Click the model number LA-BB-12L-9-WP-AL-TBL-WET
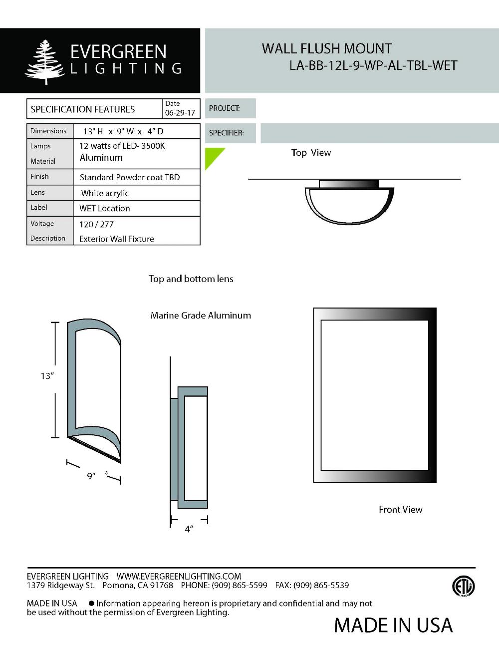pyautogui.click(x=373, y=66)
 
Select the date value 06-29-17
pyautogui.click(x=180, y=113)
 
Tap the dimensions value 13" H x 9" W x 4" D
pyautogui.click(x=123, y=131)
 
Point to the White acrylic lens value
pyautogui.click(x=105, y=193)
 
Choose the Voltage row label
pyautogui.click(x=42, y=224)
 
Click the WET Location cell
pyautogui.click(x=104, y=208)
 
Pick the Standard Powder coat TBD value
pyautogui.click(x=129, y=177)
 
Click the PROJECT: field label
pyautogui.click(x=225, y=108)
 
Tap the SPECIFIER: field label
pyautogui.click(x=226, y=133)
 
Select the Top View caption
pyautogui.click(x=311, y=153)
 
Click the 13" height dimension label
pyautogui.click(x=47, y=376)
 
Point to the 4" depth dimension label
pyautogui.click(x=189, y=529)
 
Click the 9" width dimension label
pyautogui.click(x=91, y=476)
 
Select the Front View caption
pyautogui.click(x=400, y=509)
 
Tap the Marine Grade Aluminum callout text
pyautogui.click(x=201, y=316)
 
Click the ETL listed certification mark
pyautogui.click(x=463, y=587)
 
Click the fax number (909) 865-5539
pyautogui.click(x=321, y=585)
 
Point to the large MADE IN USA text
pyautogui.click(x=393, y=625)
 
